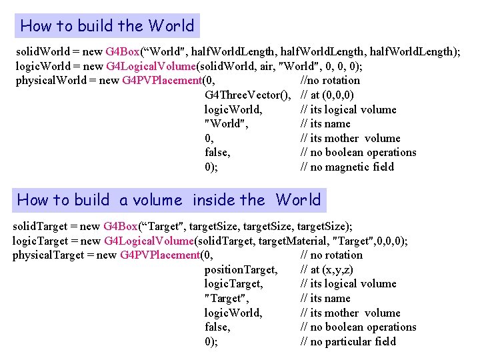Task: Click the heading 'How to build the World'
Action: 107,26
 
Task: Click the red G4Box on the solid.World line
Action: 120,51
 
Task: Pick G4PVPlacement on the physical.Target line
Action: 160,255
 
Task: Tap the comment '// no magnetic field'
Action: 347,167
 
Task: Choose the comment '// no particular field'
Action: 348,341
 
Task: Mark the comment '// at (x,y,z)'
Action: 327,269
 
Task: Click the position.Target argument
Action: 240,269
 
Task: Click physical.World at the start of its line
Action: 50,81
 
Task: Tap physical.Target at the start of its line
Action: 49,255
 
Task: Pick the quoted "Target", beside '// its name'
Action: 227,298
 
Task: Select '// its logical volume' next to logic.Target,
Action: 349,283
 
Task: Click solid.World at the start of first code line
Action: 43,51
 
